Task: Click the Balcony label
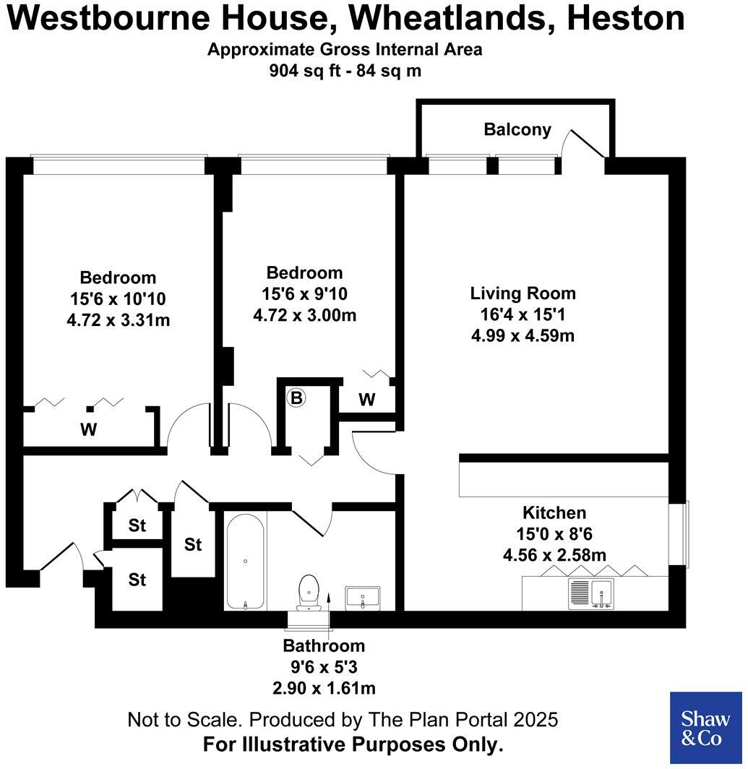tap(517, 130)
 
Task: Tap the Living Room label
tap(523, 293)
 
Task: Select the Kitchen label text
tap(554, 513)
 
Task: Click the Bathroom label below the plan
tap(324, 646)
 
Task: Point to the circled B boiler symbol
tap(296, 398)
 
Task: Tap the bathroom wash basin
tap(363, 597)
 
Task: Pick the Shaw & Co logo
tap(706, 728)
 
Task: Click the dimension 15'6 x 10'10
tap(118, 298)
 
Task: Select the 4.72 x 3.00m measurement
tap(304, 316)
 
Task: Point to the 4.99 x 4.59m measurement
tap(523, 335)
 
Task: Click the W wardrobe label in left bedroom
tap(88, 430)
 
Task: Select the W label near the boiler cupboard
tap(367, 400)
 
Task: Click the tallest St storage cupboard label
tap(192, 544)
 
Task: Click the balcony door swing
tap(587, 145)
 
